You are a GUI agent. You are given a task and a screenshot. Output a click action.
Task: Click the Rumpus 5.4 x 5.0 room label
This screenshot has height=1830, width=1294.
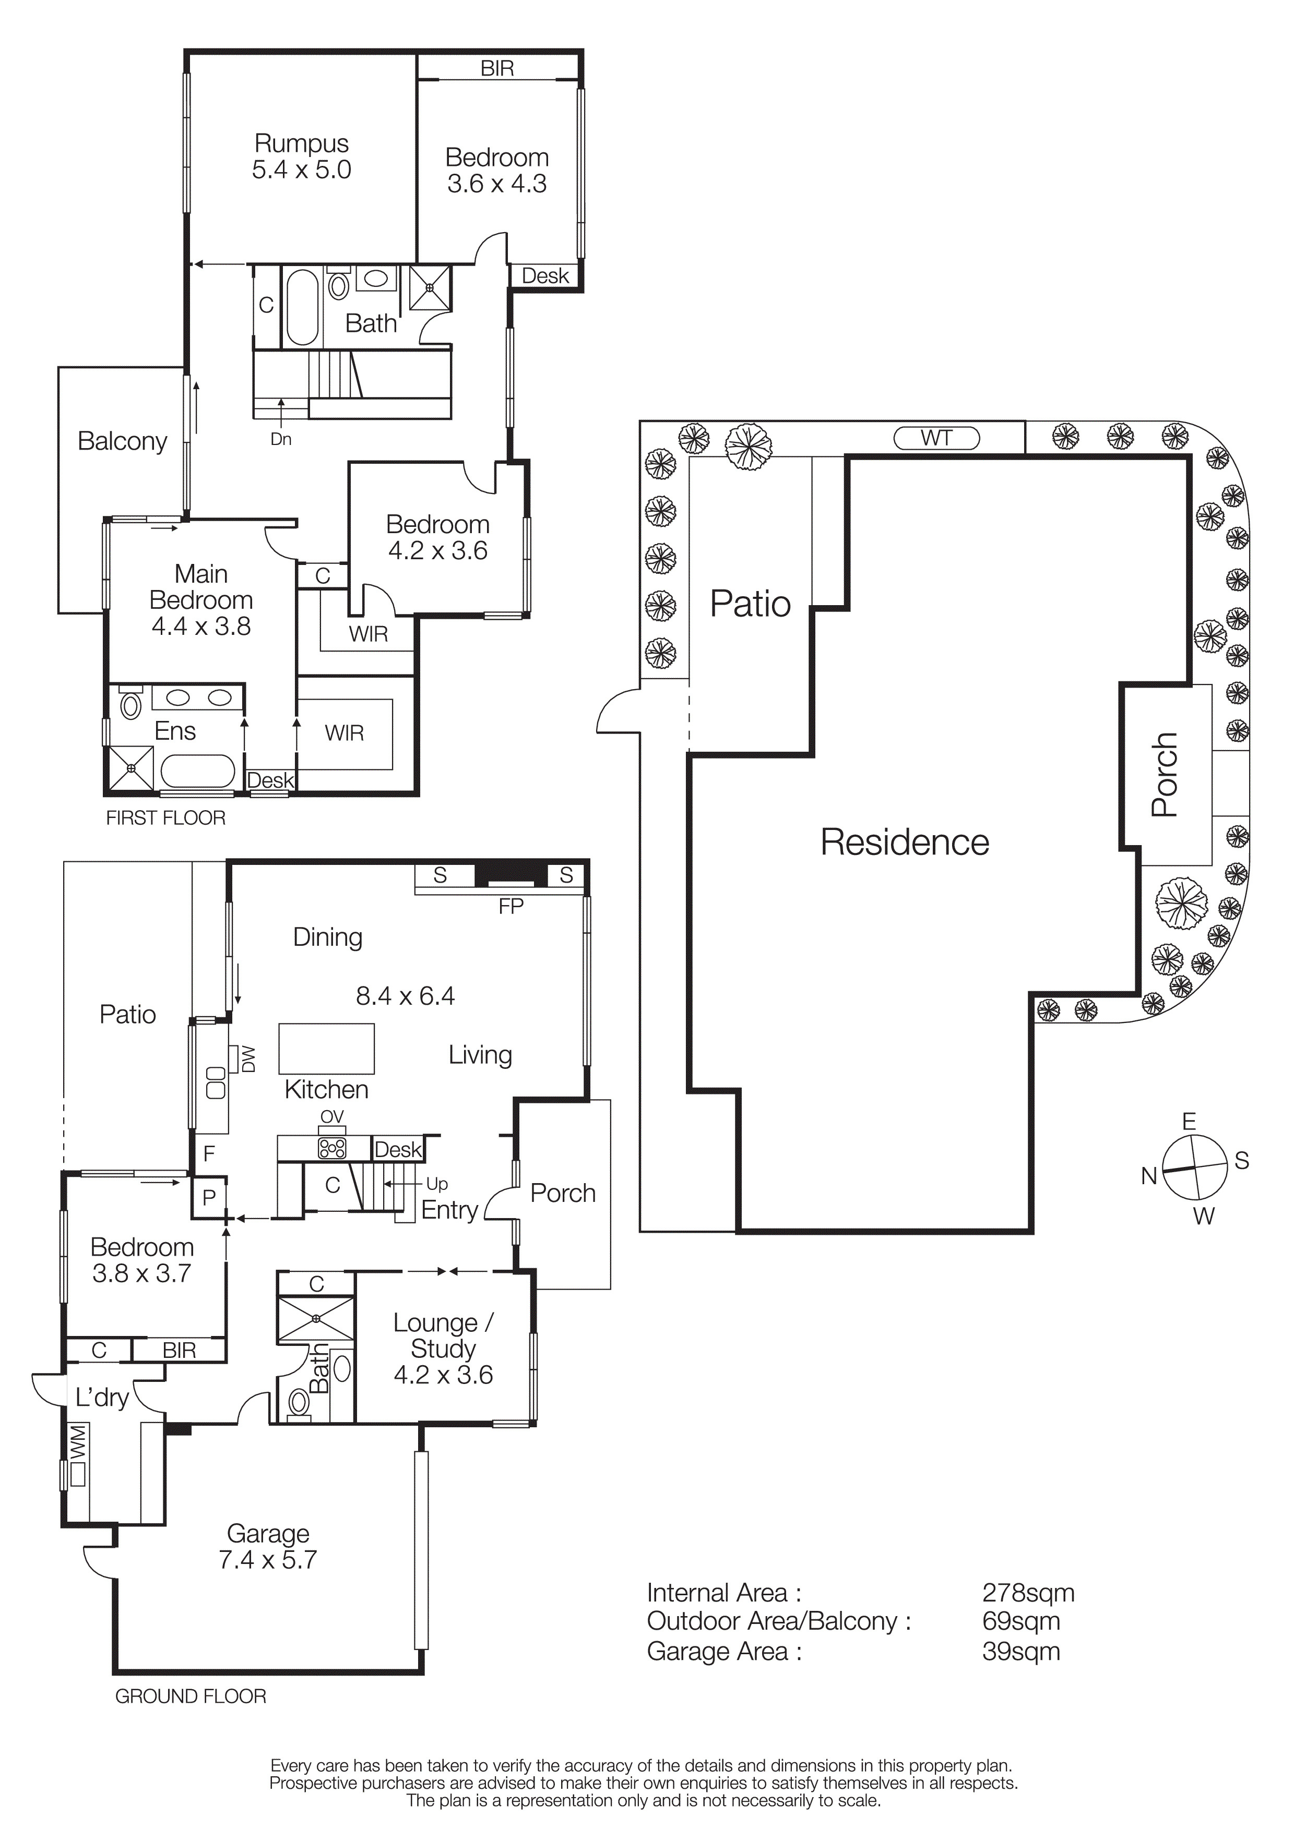[x=301, y=156]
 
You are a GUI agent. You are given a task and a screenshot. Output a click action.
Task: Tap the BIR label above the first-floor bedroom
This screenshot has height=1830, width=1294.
[x=497, y=68]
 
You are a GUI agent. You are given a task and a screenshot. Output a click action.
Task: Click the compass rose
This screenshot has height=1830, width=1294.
[x=1194, y=1167]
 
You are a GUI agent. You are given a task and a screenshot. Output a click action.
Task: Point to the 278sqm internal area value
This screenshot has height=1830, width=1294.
[x=1028, y=1593]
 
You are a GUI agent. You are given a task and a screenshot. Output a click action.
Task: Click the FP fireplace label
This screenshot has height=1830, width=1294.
[x=511, y=906]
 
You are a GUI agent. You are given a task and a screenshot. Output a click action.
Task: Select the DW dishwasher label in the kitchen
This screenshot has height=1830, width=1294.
[x=248, y=1060]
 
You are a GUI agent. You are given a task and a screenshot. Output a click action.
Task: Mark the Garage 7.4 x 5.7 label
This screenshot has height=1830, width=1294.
[x=268, y=1546]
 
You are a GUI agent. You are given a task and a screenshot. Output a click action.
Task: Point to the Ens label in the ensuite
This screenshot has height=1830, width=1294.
[x=175, y=731]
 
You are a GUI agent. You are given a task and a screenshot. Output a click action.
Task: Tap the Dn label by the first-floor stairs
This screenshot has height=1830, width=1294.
[x=281, y=439]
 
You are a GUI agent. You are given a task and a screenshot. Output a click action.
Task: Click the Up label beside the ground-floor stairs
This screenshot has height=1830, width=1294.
[x=437, y=1184]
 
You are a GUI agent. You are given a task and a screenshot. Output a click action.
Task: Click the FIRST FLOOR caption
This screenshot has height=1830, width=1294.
[x=166, y=818]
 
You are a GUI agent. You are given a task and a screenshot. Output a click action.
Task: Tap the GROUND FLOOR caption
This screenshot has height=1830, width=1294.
[x=191, y=1696]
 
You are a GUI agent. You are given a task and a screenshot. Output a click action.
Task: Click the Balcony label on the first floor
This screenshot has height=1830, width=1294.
[x=122, y=441]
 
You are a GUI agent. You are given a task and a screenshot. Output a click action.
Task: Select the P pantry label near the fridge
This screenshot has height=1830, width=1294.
[x=209, y=1198]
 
